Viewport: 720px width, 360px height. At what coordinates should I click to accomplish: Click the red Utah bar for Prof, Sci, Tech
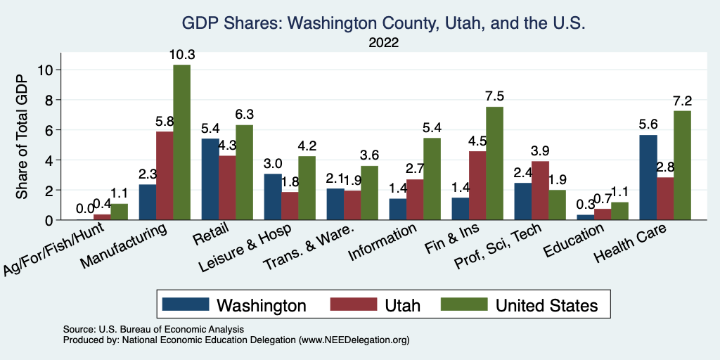[540, 191]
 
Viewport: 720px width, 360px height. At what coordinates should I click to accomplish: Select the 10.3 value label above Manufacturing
[181, 54]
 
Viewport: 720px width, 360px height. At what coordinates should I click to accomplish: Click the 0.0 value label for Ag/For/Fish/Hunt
[86, 209]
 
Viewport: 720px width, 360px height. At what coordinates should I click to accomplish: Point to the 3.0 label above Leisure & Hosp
[272, 163]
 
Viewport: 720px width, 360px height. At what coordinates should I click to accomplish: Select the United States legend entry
[520, 305]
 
